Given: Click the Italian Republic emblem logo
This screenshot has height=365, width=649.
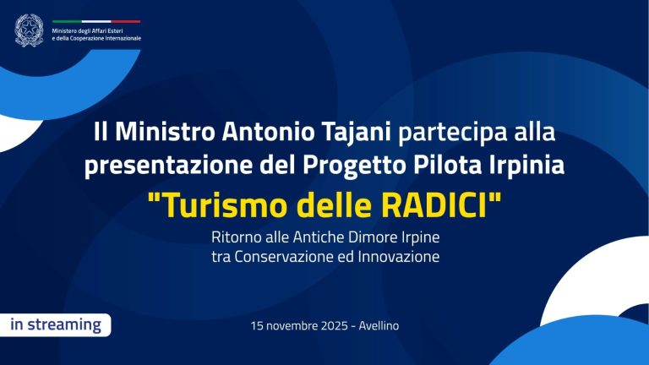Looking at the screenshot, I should pyautogui.click(x=29, y=30).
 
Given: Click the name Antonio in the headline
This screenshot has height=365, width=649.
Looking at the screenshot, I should pyautogui.click(x=266, y=133).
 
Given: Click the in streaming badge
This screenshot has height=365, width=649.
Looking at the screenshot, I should pyautogui.click(x=56, y=325).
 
